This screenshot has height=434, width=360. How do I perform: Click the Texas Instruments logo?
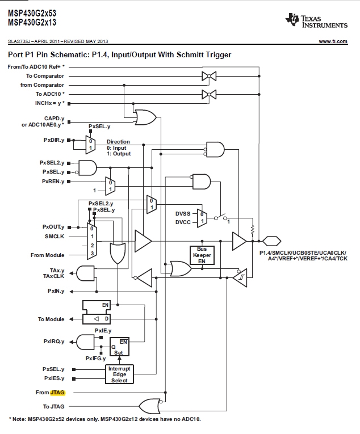tap(316, 21)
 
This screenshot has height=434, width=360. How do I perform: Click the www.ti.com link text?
tap(333, 41)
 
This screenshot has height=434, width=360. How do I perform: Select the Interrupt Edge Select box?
tap(119, 374)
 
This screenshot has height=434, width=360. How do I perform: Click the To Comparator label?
tap(45, 75)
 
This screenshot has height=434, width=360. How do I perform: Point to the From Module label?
tap(47, 255)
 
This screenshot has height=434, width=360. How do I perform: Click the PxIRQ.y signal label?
tap(54, 342)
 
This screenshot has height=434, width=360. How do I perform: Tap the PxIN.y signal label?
tap(56, 290)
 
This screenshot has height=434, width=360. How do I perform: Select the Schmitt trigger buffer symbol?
tap(240, 277)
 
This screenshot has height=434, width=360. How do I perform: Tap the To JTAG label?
tap(54, 406)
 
